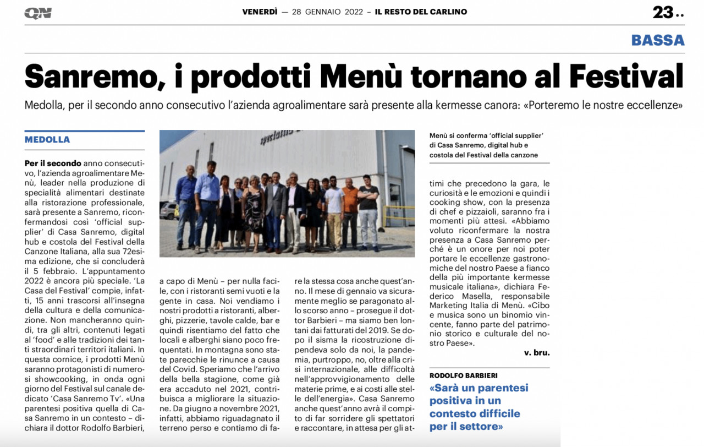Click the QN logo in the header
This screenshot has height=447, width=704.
coord(38,13)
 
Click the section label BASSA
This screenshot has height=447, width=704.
coord(658,40)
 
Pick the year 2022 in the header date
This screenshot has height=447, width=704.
coord(351,12)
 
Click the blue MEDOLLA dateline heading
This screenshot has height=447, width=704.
coord(47,140)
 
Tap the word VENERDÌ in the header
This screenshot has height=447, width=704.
coord(260,12)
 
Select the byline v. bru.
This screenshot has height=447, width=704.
coord(536,352)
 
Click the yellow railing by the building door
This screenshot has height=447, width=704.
coord(398,212)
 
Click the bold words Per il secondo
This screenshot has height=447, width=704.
coord(53,163)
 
